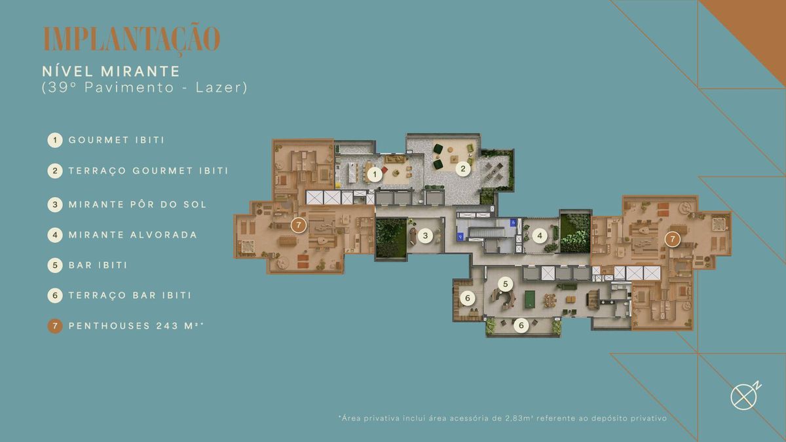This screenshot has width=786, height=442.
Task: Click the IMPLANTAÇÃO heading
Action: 132,39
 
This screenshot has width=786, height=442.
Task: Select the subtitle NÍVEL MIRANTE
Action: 111,71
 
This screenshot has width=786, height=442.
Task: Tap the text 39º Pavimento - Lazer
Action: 145,88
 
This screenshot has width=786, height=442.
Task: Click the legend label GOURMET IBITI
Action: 117,140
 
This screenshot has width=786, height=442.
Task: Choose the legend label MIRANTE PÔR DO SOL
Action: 138,204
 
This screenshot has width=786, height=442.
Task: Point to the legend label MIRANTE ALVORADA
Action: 133,234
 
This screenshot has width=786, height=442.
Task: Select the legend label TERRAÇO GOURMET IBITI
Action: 149,171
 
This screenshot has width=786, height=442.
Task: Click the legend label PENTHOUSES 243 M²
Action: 136,326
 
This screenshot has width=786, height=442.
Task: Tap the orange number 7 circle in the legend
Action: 55,326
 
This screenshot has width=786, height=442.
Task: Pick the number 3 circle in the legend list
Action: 55,204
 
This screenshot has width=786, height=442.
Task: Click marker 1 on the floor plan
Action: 375,174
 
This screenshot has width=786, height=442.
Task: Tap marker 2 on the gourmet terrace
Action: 463,169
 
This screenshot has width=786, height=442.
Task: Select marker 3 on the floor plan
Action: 425,235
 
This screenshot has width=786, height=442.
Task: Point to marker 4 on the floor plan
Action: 540,236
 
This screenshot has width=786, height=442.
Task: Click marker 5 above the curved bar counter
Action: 505,284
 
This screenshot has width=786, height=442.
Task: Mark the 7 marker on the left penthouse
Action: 299,225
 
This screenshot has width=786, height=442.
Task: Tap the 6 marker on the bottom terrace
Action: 521,325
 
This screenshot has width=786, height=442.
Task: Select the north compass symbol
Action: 745,396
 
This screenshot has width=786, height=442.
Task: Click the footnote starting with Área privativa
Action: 502,418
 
